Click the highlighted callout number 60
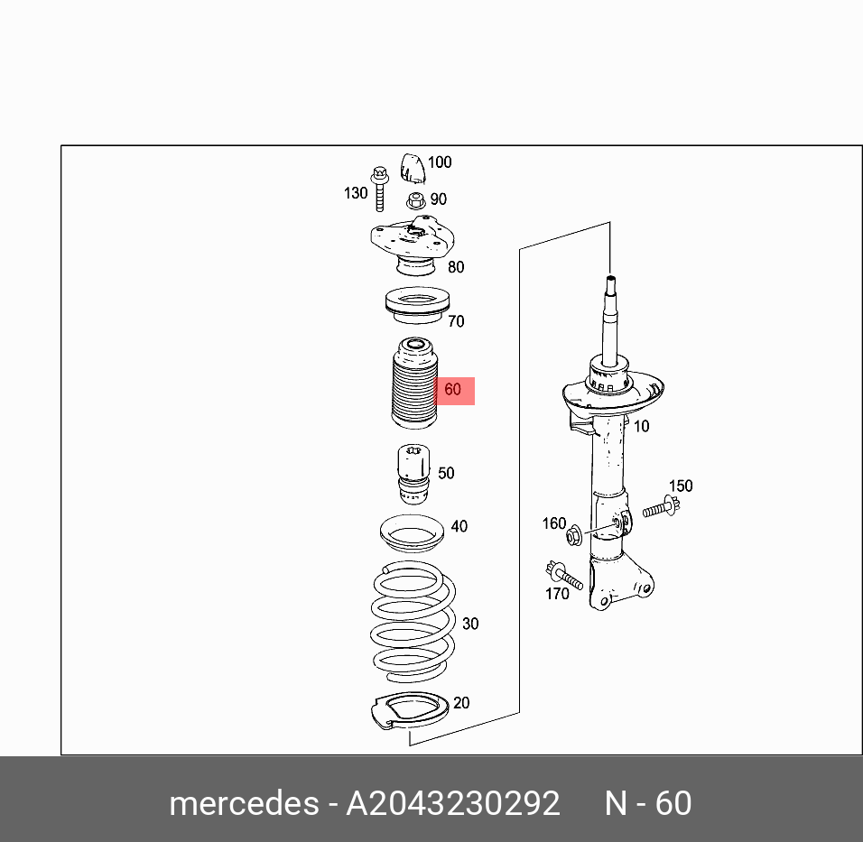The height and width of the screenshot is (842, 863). coord(453,390)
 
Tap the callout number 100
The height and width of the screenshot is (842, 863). coord(440,162)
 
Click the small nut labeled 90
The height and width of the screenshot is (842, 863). coord(415,200)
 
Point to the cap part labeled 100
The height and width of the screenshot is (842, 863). coord(413,168)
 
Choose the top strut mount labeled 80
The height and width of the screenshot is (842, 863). coord(411,246)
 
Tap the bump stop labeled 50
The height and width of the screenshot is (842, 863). coord(414,475)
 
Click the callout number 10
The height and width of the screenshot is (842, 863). coord(640,426)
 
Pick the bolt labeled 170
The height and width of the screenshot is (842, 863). coord(562,574)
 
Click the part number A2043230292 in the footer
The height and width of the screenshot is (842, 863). coord(453,802)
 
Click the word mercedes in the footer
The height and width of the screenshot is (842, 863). coord(243,802)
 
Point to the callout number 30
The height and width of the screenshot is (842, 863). coord(470,624)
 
